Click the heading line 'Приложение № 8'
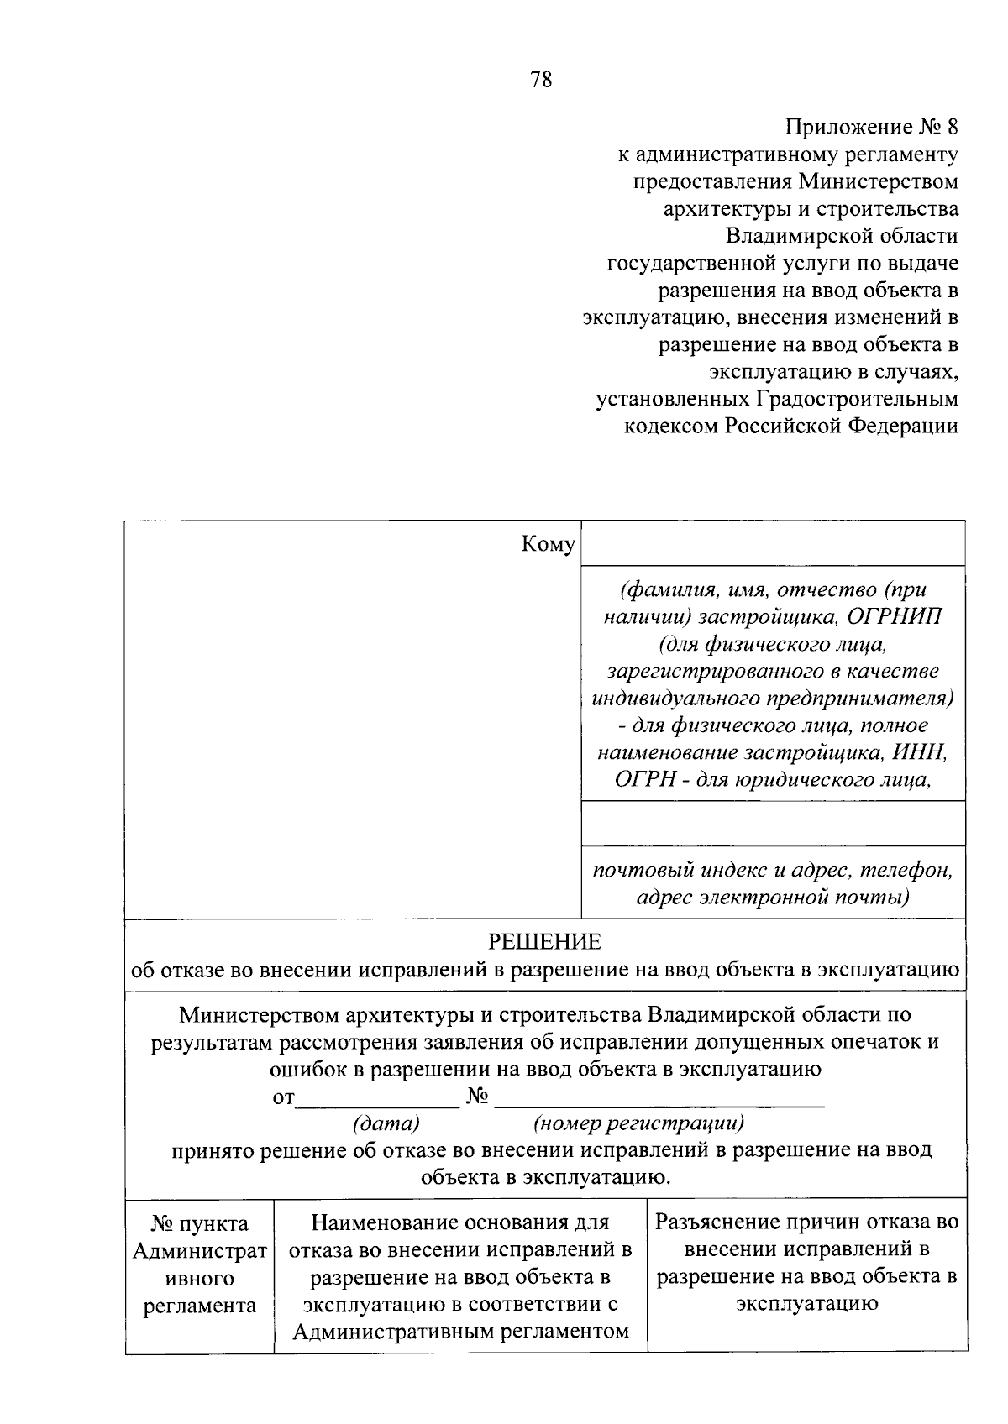click(871, 128)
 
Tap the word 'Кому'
click(548, 545)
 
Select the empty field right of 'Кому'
click(772, 543)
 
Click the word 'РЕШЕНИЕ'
click(545, 942)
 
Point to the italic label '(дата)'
click(386, 1123)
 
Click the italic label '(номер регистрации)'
click(638, 1123)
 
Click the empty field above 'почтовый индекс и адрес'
click(772, 824)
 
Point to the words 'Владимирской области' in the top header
click(842, 237)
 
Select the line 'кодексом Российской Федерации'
click(790, 427)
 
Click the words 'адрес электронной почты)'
click(772, 898)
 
